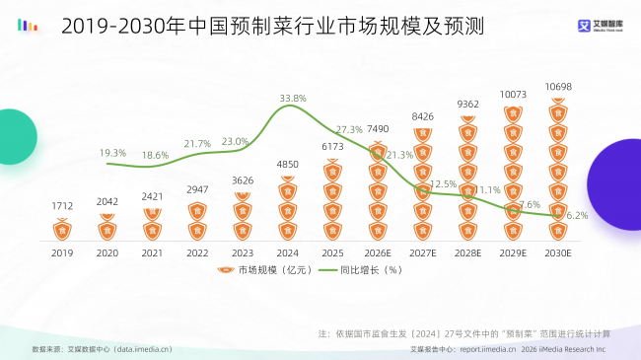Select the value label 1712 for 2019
click(63, 206)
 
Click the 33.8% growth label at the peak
click(293, 99)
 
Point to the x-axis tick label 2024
click(288, 252)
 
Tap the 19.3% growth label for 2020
click(112, 153)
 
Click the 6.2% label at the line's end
click(577, 215)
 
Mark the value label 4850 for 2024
click(288, 164)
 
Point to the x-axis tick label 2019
click(63, 252)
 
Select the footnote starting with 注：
click(465, 332)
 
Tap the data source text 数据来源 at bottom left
click(102, 349)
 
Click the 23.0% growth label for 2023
click(236, 142)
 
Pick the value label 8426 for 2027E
click(423, 117)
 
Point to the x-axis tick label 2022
click(198, 252)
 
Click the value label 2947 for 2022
click(198, 188)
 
